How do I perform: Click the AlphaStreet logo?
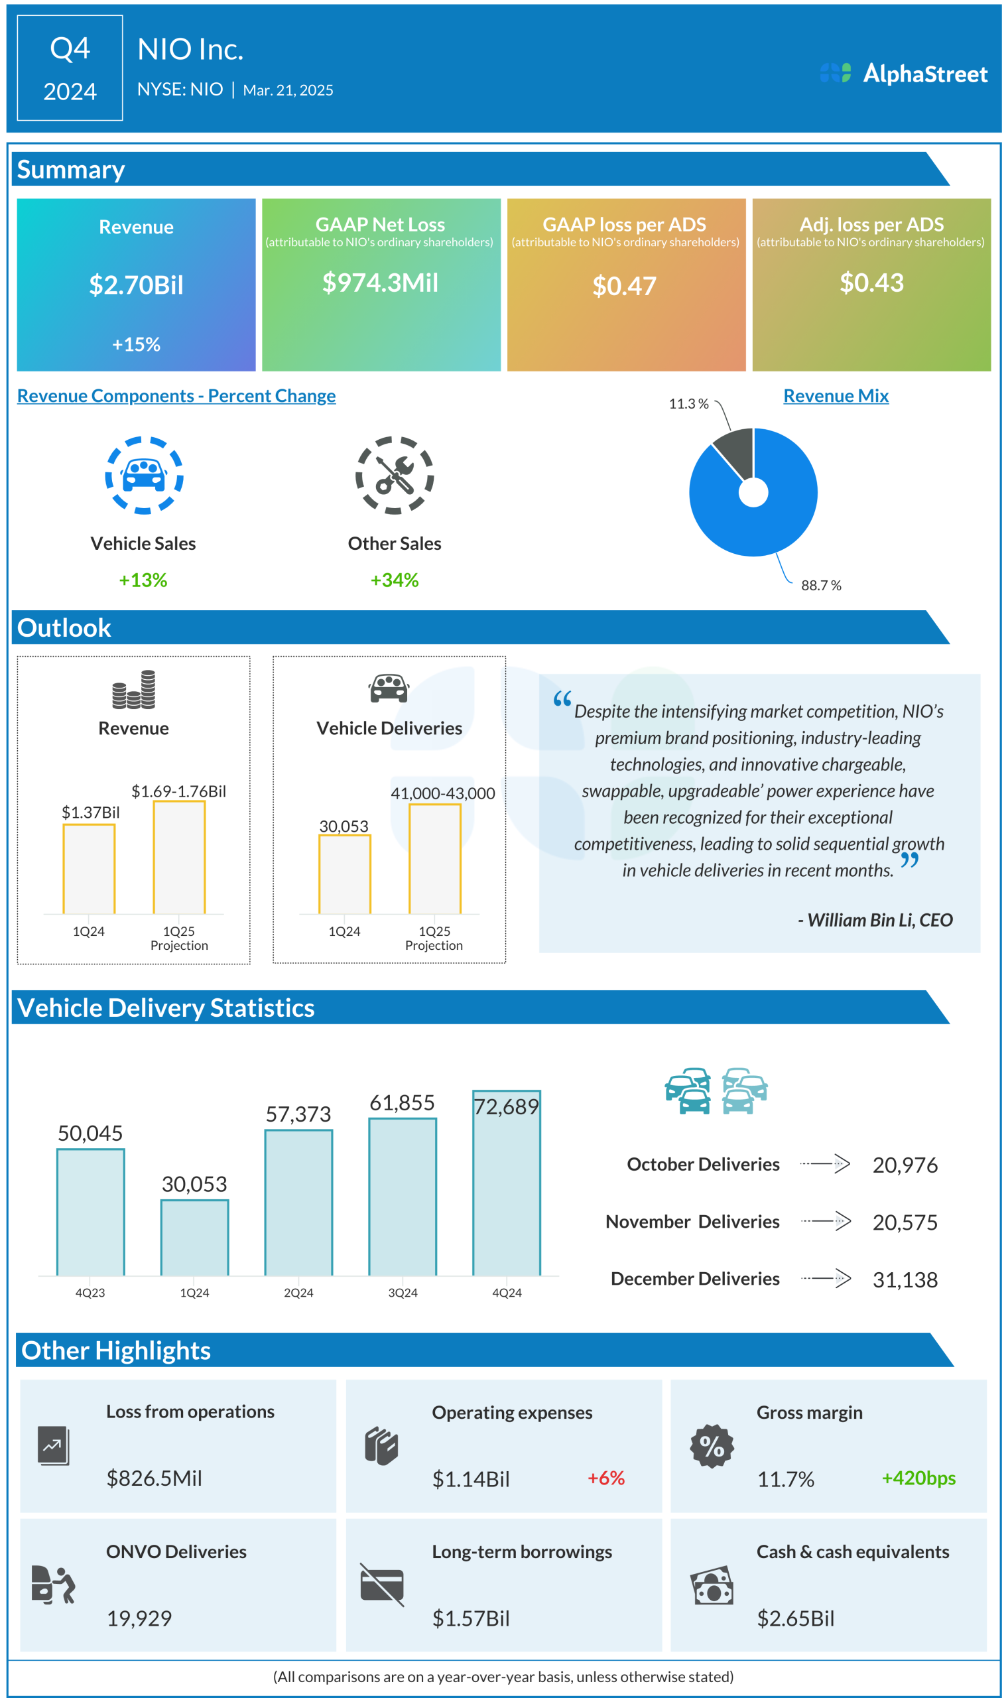point(903,74)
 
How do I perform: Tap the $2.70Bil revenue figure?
point(136,285)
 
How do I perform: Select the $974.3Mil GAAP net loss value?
point(381,283)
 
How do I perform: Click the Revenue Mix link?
point(836,395)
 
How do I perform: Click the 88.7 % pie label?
point(820,586)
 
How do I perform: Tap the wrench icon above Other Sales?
point(395,475)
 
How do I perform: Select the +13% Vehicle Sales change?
point(143,580)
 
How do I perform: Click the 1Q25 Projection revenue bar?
point(178,857)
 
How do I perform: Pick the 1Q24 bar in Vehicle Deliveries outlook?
point(344,874)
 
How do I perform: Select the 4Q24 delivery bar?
point(507,1183)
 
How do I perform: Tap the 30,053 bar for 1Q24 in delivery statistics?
point(194,1238)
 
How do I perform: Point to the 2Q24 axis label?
point(298,1293)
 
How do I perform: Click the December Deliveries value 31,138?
point(905,1279)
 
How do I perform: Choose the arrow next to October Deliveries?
point(824,1163)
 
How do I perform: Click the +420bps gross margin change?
point(918,1478)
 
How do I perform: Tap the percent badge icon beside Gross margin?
point(711,1447)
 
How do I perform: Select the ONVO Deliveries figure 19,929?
point(139,1618)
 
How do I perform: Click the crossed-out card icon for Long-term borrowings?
point(382,1585)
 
